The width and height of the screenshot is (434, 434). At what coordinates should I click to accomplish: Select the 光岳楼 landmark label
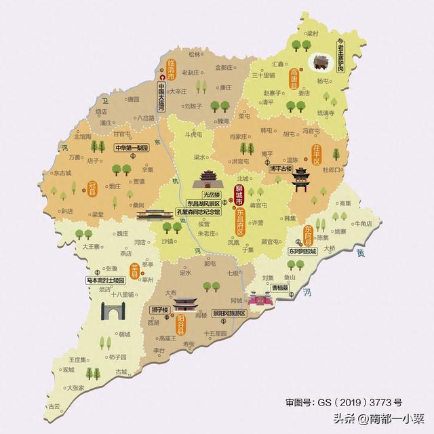point(203,193)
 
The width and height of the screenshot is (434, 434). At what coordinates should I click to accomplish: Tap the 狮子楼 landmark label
point(159,310)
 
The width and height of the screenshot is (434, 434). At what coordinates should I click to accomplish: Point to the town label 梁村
point(313,33)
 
